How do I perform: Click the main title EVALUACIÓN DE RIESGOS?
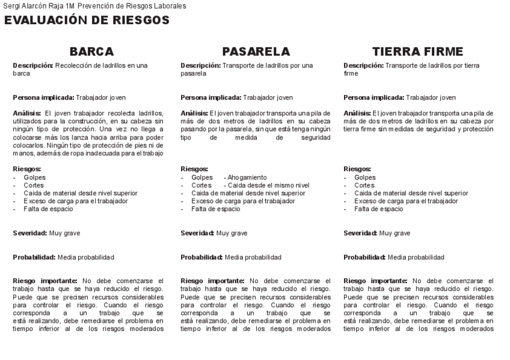pyautogui.click(x=87, y=20)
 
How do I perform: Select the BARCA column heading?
pyautogui.click(x=91, y=52)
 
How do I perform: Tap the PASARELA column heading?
pyautogui.click(x=256, y=52)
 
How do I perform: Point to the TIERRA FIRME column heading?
pyautogui.click(x=417, y=52)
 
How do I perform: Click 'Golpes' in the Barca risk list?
pyautogui.click(x=34, y=178)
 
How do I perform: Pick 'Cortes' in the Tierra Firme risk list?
pyautogui.click(x=364, y=186)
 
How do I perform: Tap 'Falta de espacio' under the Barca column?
pyautogui.click(x=48, y=209)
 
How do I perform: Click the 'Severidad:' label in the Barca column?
pyautogui.click(x=29, y=233)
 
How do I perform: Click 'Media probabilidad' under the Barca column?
pyautogui.click(x=86, y=257)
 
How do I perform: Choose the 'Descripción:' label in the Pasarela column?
pyautogui.click(x=201, y=66)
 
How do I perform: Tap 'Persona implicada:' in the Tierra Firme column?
pyautogui.click(x=374, y=97)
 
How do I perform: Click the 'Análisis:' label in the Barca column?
pyautogui.click(x=27, y=113)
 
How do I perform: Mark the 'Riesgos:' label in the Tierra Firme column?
pyautogui.click(x=357, y=169)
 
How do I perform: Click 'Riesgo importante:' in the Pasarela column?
pyautogui.click(x=212, y=281)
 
